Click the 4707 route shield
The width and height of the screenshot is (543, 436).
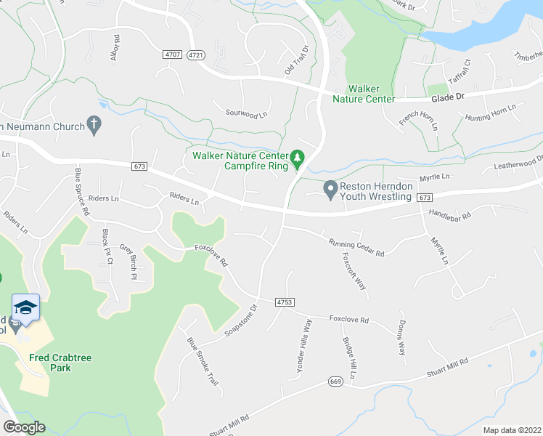[173, 54]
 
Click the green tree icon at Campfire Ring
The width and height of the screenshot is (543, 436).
[296, 157]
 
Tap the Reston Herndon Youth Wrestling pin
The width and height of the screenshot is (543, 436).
[330, 190]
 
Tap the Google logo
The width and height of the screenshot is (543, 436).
[23, 427]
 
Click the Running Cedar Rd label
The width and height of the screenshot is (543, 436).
[356, 248]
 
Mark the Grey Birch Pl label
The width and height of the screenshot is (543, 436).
[128, 261]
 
